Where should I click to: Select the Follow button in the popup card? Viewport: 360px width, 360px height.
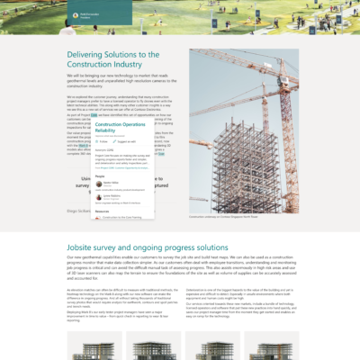coord(103,141)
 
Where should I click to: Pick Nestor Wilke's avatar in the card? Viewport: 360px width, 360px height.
coord(98,184)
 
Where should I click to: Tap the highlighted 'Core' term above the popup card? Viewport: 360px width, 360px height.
coord(94,115)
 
